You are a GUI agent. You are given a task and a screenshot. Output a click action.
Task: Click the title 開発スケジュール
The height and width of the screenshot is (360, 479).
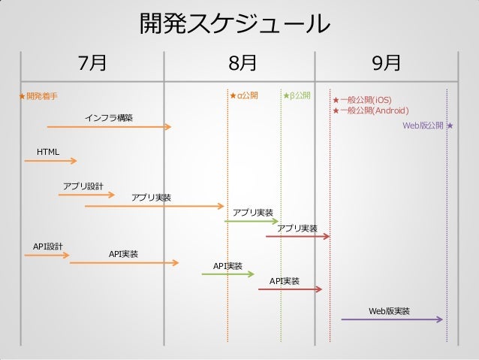coord(235,24)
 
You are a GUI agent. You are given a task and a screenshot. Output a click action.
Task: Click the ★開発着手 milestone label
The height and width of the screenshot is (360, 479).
coord(39,96)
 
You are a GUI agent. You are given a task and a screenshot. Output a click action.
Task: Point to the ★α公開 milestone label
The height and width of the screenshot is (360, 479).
coord(243,95)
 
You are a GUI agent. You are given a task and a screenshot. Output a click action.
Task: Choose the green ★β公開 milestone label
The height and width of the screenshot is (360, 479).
coord(297,95)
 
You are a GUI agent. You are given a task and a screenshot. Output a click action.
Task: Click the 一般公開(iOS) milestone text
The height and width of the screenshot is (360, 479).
coord(366,100)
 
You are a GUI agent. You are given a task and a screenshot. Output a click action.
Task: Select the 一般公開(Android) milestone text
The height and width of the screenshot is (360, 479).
coord(374,110)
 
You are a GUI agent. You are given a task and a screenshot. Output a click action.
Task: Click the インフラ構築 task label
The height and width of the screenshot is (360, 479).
coord(109,117)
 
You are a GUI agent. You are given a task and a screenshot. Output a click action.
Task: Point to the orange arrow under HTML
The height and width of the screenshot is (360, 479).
coord(50,161)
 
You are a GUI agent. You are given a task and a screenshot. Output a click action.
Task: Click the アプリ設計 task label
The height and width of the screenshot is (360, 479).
coord(83,186)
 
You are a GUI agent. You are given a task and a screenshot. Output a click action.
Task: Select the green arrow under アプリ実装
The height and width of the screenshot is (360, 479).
coord(251,221)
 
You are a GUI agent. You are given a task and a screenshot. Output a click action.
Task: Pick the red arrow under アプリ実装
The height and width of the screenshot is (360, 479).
coord(297,237)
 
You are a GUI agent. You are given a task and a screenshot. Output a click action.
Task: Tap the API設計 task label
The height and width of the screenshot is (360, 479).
coord(47,247)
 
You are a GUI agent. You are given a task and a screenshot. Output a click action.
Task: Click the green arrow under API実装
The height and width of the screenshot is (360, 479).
coord(228,274)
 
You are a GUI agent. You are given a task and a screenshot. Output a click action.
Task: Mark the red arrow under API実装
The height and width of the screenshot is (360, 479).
coord(290,289)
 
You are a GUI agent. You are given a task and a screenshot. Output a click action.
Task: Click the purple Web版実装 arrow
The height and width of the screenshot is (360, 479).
coord(392,319)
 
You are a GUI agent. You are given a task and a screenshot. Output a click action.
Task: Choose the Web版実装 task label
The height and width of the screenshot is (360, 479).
coord(389,310)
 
